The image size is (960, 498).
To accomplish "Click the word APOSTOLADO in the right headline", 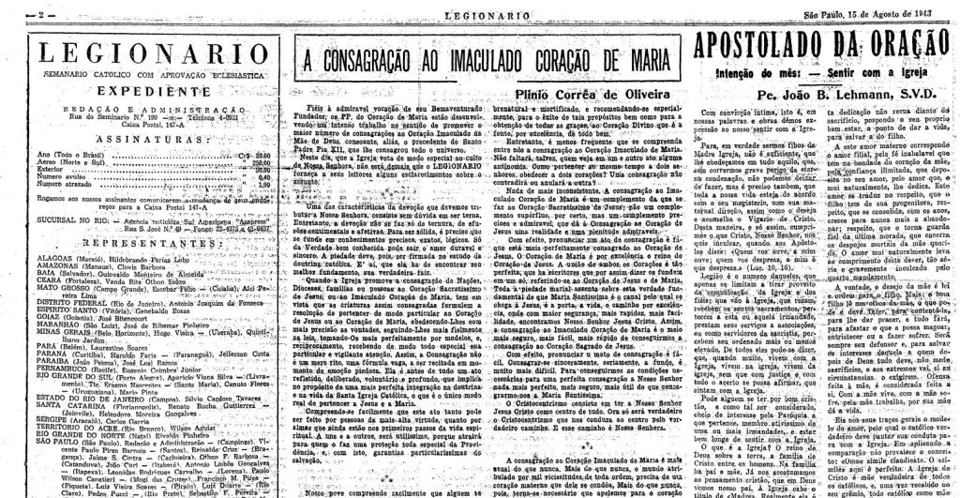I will point(772,47).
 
